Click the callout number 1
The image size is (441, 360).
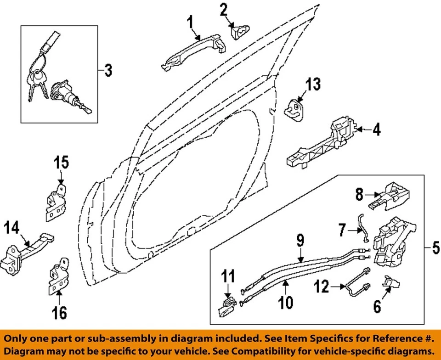click(x=190, y=22)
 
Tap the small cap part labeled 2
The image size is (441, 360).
click(x=239, y=31)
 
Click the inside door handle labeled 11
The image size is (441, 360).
click(x=228, y=307)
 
